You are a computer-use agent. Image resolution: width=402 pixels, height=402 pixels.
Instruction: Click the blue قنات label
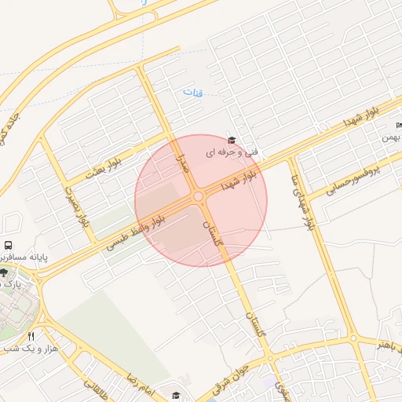coord(193,93)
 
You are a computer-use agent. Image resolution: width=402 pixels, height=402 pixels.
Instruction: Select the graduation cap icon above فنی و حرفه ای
coord(231,140)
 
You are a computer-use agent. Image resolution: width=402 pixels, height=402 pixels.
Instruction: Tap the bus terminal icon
coord(8,245)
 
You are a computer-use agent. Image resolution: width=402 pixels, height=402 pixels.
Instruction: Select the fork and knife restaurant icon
coord(31,335)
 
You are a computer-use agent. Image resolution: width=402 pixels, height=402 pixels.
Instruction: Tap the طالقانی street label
coord(94,388)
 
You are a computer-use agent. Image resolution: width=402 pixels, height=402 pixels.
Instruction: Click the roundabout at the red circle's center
coord(199,196)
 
